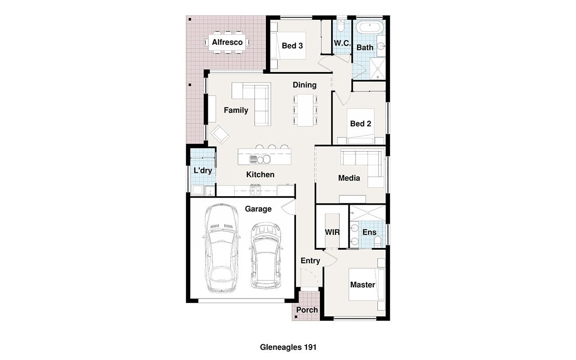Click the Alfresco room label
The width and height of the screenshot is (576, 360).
(227, 42)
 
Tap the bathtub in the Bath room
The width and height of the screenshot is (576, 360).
(370, 27)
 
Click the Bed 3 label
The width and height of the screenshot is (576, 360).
(292, 46)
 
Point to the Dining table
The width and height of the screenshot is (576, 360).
(305, 110)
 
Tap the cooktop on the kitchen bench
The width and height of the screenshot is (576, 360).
(255, 190)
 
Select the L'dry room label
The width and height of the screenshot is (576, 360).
(202, 171)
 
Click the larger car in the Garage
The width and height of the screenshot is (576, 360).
(222, 248)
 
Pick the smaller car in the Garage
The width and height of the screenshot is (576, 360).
(266, 256)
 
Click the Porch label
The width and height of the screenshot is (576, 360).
(307, 310)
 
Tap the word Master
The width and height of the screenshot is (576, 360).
(363, 285)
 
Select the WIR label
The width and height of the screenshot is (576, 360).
(332, 232)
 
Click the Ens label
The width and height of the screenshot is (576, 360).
(369, 232)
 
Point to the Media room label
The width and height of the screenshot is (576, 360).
(349, 178)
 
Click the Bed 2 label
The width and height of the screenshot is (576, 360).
(360, 124)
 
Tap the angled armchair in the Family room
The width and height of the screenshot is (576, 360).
(220, 135)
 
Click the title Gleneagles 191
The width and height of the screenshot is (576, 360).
(288, 347)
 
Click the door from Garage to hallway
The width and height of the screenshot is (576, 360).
(288, 207)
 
